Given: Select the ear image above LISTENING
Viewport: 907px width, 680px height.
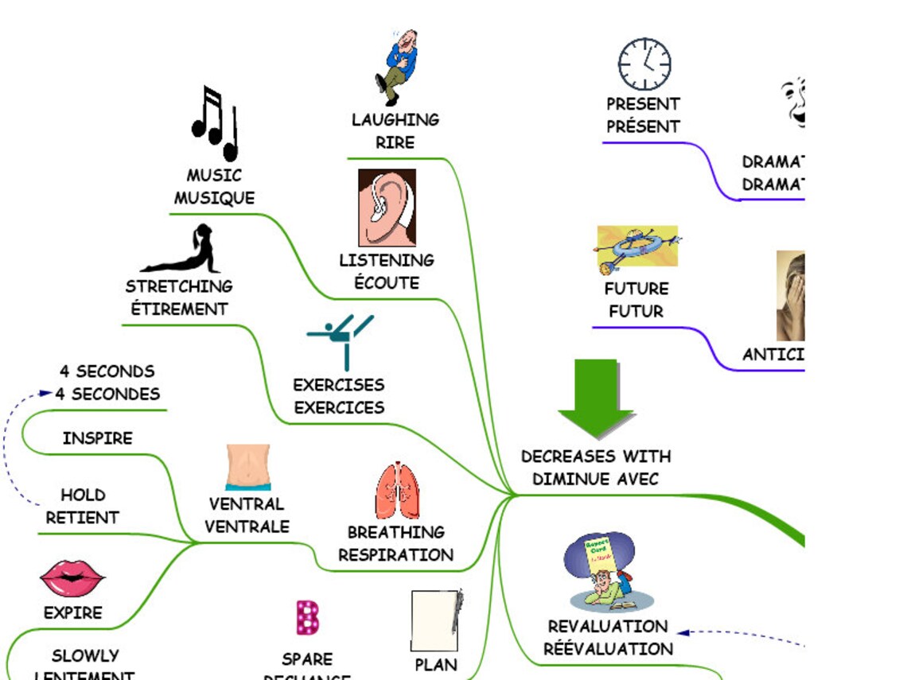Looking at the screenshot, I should tap(387, 208).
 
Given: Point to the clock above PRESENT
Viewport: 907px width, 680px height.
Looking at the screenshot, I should tap(644, 64).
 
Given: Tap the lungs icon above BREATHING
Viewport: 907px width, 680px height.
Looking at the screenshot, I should tap(398, 491).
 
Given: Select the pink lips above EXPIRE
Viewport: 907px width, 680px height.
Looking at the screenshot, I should tap(72, 578).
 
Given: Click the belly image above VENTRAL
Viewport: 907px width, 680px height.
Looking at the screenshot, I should tap(248, 467).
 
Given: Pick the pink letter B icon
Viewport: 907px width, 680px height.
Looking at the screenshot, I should tap(308, 618).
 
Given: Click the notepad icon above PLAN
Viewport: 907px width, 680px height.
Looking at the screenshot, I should tap(435, 620).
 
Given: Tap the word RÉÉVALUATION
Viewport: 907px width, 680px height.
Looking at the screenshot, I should tap(608, 649).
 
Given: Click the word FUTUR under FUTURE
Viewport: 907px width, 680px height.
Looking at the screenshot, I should tap(636, 311).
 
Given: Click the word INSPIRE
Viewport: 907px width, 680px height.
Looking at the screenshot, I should tap(98, 438).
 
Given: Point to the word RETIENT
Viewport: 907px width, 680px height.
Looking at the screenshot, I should tap(83, 518).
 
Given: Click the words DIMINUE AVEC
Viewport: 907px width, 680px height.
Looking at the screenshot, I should tap(595, 479).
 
